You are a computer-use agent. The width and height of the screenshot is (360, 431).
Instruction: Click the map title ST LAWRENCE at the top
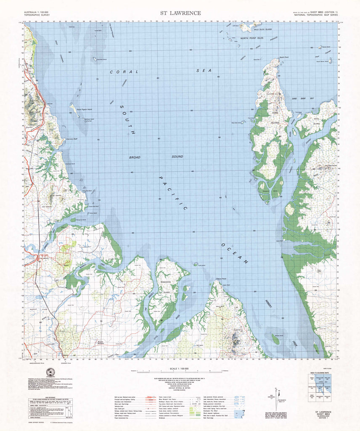180,13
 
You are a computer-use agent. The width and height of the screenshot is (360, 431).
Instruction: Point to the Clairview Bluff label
71,139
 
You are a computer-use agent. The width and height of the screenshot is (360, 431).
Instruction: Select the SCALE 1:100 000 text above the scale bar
180,368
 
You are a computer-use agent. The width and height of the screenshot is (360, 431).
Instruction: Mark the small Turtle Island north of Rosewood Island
196,264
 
